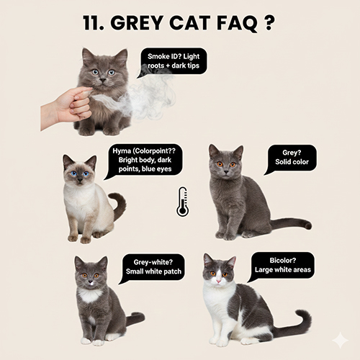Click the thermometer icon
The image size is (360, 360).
[183, 202]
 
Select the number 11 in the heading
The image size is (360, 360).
[91, 23]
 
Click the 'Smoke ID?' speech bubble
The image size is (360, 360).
[174, 61]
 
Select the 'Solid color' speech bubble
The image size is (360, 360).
[292, 158]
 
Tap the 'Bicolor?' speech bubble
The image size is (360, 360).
[282, 266]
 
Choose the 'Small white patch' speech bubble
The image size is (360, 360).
[153, 267]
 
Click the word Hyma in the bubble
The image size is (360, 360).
[122, 151]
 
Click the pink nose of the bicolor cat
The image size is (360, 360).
[219, 281]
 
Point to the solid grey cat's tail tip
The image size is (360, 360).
[308, 225]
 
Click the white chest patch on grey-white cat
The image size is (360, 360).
[89, 295]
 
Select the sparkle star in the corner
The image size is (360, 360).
[340, 340]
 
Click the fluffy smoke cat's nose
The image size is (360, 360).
[103, 80]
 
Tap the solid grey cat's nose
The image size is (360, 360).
[226, 172]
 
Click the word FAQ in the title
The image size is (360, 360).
[236, 23]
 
